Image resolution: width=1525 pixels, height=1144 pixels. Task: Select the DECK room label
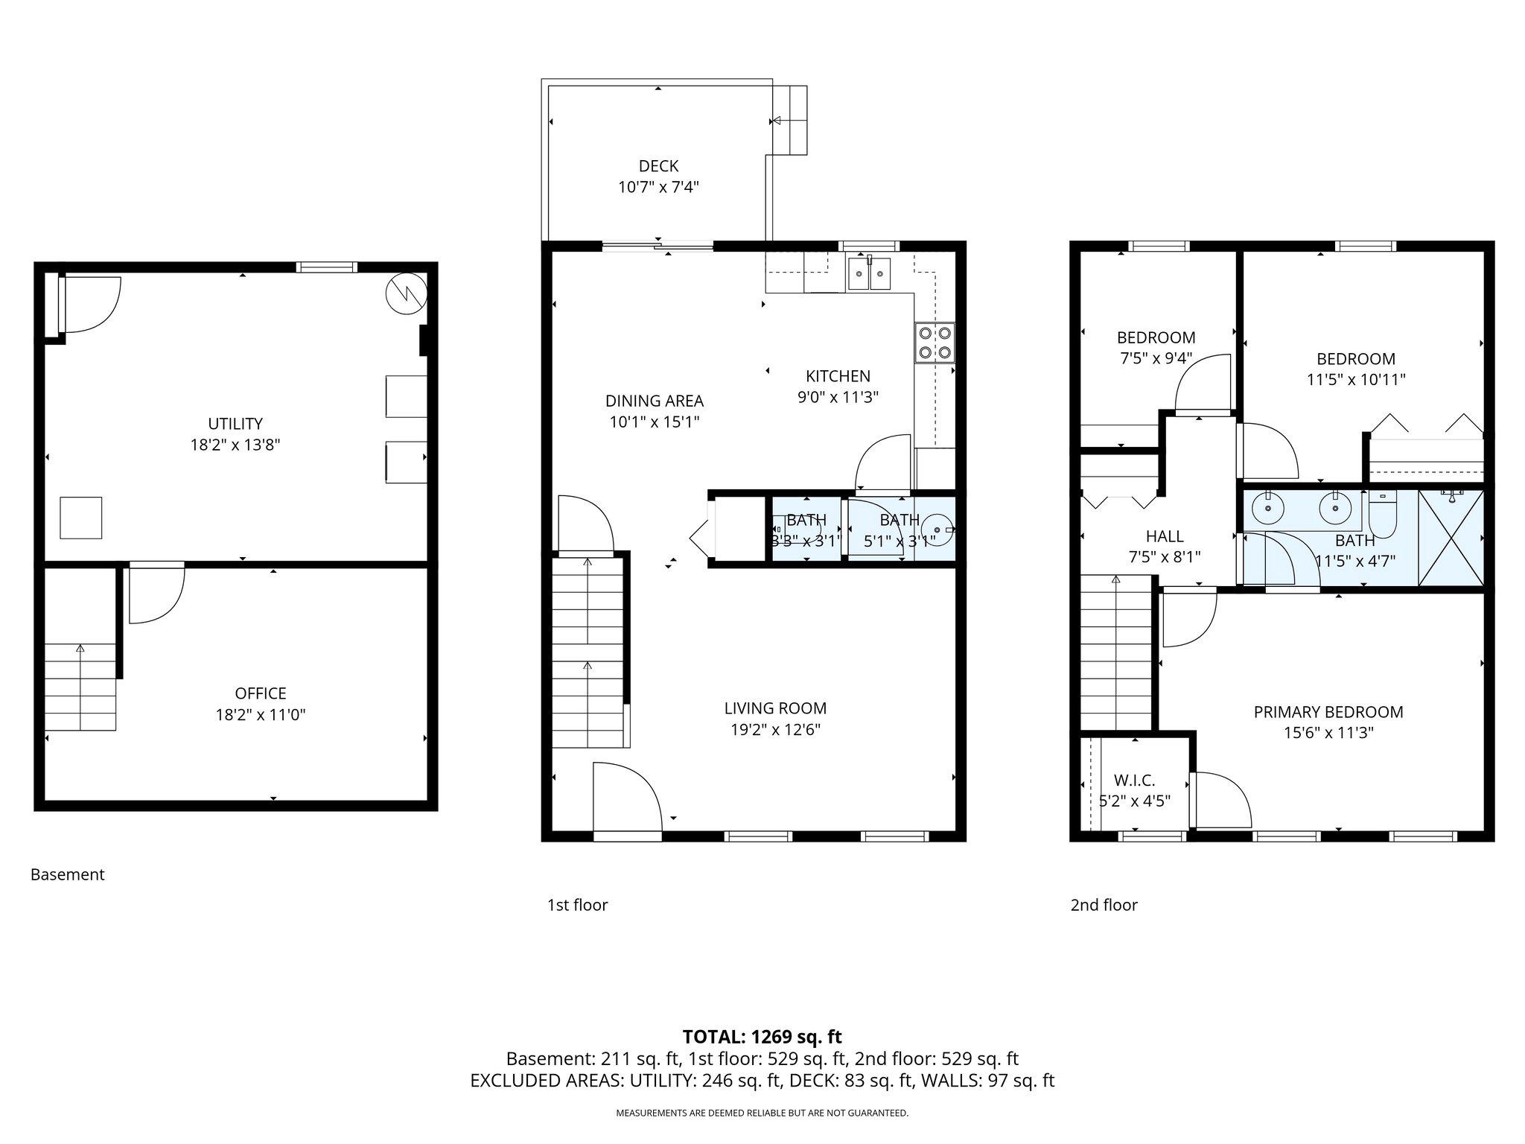click(658, 166)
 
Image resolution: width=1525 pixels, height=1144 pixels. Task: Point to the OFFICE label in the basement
click(261, 693)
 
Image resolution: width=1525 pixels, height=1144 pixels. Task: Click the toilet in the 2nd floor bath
click(1383, 514)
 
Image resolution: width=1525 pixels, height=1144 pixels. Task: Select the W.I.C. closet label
click(1134, 781)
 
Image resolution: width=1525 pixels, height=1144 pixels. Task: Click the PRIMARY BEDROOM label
click(1328, 712)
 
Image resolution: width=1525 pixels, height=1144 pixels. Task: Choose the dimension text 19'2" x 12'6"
click(775, 729)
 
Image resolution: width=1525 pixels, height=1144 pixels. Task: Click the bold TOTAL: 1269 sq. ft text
click(762, 1036)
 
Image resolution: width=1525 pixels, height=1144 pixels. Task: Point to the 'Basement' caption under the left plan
click(67, 874)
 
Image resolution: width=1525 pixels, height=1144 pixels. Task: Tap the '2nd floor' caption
click(1104, 905)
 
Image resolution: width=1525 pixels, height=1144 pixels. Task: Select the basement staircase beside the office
click(80, 685)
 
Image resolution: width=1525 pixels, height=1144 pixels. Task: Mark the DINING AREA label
click(654, 401)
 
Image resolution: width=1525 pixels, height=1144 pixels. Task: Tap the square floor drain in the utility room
click(80, 517)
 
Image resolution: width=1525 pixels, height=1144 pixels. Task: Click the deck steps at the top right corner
click(789, 120)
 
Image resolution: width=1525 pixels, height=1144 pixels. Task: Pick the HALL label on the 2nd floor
click(1165, 536)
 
